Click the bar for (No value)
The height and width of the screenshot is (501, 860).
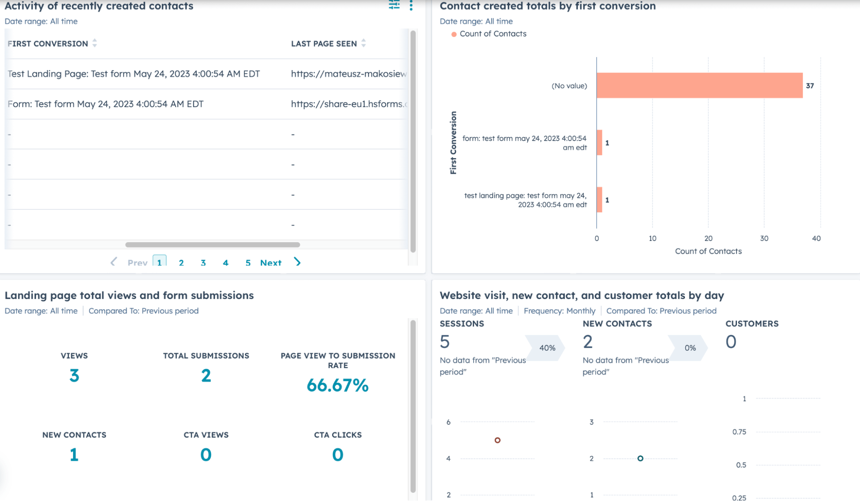(x=699, y=86)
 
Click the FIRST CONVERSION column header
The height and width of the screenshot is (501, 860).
(x=48, y=43)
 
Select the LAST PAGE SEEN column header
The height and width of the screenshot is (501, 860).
(x=324, y=43)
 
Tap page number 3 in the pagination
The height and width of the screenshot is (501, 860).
(x=203, y=263)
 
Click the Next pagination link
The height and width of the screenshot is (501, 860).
(x=271, y=263)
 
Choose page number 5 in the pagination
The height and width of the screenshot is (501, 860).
(x=248, y=263)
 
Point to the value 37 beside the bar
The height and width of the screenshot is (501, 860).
(x=810, y=86)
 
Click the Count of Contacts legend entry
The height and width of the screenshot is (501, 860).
(x=493, y=34)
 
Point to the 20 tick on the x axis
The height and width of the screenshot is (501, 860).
(x=708, y=238)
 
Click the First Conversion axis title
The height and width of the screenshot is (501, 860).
(x=453, y=143)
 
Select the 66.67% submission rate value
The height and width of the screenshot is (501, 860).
(x=337, y=385)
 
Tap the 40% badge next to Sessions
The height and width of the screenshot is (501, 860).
(x=547, y=347)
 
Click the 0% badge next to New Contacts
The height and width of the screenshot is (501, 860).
(x=690, y=347)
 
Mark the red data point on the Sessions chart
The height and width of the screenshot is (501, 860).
(x=497, y=440)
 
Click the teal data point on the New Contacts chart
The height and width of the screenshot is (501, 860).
(x=640, y=458)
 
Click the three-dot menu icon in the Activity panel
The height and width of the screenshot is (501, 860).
(x=411, y=6)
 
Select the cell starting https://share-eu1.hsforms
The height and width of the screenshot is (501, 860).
(x=348, y=104)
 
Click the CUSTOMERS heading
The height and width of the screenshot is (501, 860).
(x=752, y=323)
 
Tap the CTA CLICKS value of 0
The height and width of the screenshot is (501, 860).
(x=337, y=455)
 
